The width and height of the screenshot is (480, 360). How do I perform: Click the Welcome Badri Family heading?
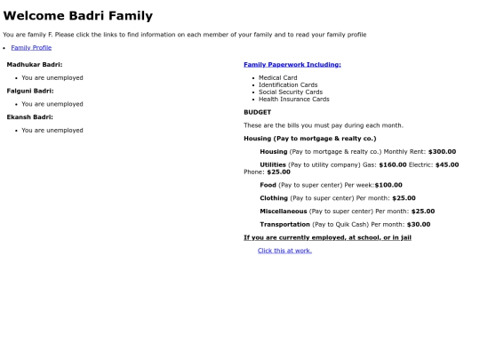point(78,16)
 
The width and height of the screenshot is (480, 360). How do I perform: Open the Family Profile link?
point(31,47)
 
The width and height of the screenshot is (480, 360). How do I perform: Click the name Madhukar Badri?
point(35,64)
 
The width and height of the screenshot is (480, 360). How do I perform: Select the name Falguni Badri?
point(30,91)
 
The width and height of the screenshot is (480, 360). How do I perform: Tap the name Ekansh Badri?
point(30,116)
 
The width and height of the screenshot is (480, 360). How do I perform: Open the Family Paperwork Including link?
point(292,64)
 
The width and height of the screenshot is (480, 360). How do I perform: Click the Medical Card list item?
point(277,78)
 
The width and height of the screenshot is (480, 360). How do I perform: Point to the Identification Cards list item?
point(288,85)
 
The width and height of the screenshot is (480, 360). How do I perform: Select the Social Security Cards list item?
point(291,92)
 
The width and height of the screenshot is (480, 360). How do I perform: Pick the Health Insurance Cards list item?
point(294,100)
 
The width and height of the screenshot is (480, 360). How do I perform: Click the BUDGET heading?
point(258,112)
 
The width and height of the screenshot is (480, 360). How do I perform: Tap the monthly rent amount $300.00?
point(442,151)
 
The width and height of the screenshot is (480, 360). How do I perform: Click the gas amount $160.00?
point(392,164)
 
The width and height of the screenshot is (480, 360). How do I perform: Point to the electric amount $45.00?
point(447,164)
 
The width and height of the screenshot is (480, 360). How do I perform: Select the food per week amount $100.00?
point(388,185)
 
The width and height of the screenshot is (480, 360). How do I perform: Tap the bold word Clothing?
point(274,198)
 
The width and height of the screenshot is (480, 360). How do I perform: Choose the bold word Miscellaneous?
point(284,212)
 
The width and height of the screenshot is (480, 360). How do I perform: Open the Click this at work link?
point(284,251)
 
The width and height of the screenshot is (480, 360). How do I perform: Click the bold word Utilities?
point(273,164)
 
